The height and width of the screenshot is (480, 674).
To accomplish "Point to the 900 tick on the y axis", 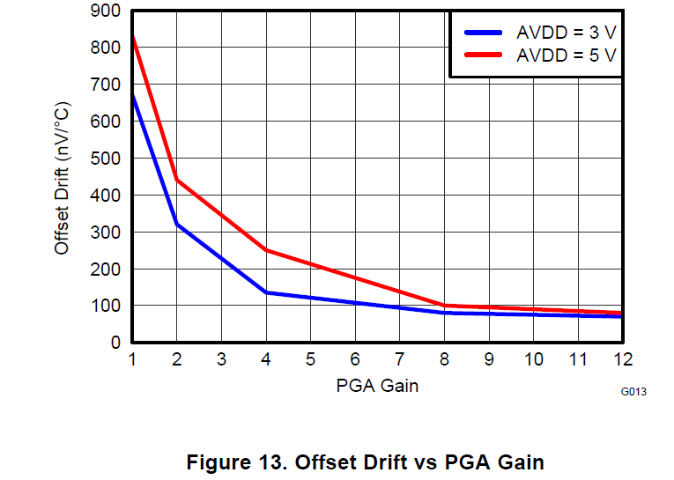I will coord(105,11).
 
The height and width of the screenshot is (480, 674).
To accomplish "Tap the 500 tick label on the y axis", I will coord(105,159).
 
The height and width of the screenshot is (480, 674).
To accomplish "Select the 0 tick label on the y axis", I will coord(115,343).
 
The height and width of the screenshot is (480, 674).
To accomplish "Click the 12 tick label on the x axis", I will coord(622,359).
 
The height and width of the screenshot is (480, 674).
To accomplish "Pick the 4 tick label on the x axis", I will coord(266,359).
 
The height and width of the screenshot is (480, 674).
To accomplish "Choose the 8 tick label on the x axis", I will coord(444,359).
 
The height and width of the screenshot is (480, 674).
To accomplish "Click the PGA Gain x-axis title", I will coord(377,386).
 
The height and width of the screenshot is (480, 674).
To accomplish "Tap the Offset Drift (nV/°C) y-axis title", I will coord(62,178).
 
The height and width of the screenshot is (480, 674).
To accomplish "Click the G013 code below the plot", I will coord(634,392).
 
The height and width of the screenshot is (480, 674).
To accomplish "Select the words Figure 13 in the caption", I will coord(235,462).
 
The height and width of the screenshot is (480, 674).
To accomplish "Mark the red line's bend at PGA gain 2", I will coord(177,180).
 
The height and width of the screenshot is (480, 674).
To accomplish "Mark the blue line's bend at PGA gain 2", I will coord(177,224).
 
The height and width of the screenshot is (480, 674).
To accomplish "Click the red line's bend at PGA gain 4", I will coord(266,250).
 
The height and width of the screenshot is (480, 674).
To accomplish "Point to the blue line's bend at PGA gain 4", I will coord(266,292).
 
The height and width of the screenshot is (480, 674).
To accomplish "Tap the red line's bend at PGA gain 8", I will coord(444,306).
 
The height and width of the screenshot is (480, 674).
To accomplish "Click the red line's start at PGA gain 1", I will coord(133,37).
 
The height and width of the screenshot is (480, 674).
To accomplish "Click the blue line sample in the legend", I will coord(485,32).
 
